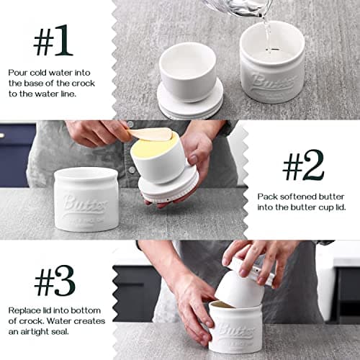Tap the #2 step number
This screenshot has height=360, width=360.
(302, 167)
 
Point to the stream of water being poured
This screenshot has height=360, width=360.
(267, 32)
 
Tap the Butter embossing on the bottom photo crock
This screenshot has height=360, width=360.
(235, 330)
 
